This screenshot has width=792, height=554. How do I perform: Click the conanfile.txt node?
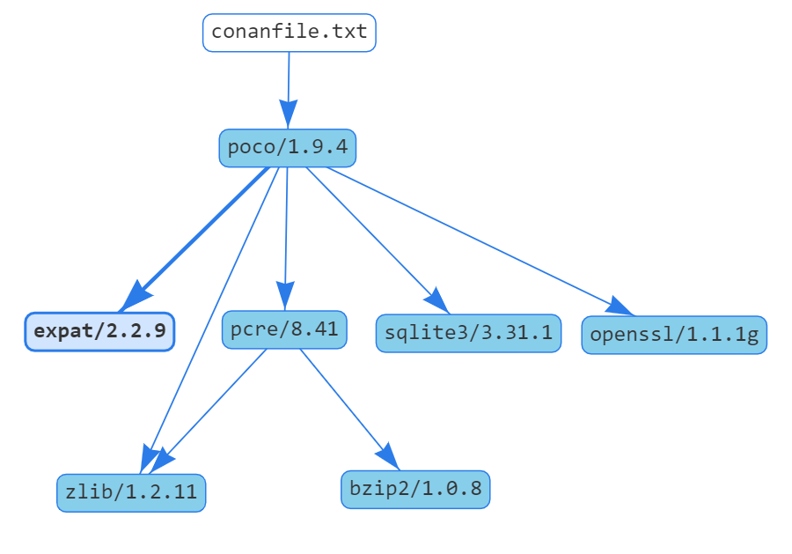click(x=290, y=33)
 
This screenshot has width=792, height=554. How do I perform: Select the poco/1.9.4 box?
click(x=287, y=147)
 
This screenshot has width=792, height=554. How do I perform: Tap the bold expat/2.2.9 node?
click(x=99, y=332)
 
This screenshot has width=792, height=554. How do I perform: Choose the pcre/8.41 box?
click(x=284, y=330)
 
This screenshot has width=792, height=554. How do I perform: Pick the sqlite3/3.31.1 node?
click(x=468, y=333)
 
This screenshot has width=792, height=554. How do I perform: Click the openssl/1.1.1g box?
click(x=674, y=335)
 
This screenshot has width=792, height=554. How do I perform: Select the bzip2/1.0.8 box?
click(x=414, y=489)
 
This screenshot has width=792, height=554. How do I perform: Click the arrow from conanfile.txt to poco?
click(x=289, y=79)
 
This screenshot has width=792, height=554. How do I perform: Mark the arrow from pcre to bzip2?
click(x=343, y=401)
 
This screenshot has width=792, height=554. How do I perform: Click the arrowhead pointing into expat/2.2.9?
click(x=134, y=297)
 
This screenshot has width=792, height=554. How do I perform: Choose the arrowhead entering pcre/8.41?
click(x=284, y=295)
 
